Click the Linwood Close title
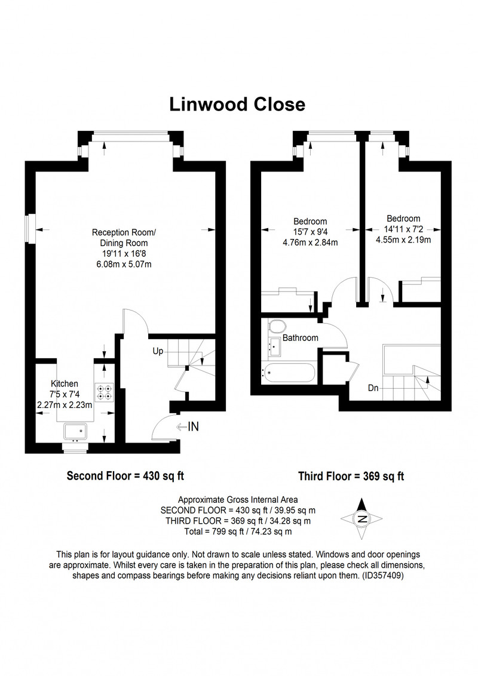237,105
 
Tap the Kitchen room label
65,384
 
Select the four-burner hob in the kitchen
105,392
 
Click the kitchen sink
75,432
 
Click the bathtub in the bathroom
288,373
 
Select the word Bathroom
301,338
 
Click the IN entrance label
193,426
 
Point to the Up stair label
158,351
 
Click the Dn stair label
373,388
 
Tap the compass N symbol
362,519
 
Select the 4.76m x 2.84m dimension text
310,242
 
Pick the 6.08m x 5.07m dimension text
124,265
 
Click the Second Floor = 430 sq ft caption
125,476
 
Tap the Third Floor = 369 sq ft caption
351,477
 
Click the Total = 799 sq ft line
238,531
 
